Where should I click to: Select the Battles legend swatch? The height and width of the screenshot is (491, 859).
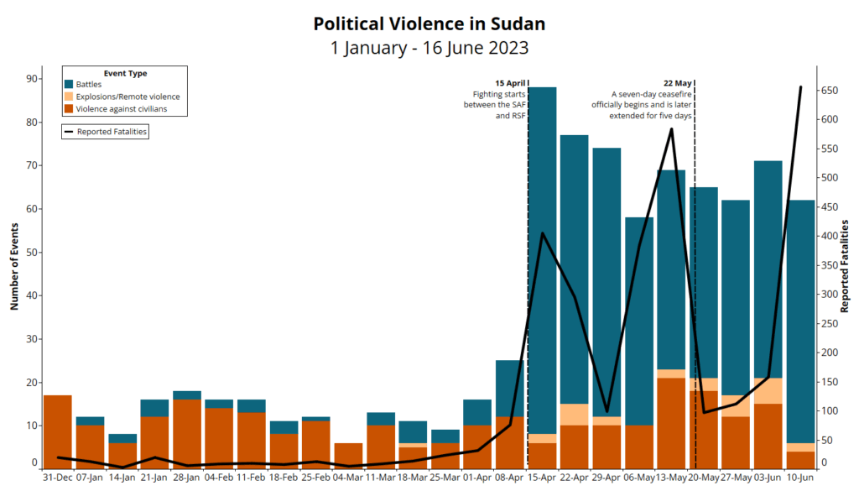pyautogui.click(x=70, y=85)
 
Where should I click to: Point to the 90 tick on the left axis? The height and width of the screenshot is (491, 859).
pyautogui.click(x=31, y=79)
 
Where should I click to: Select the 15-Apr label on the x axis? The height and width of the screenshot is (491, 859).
pyautogui.click(x=542, y=478)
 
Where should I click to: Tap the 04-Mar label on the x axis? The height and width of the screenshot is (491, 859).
pyautogui.click(x=348, y=478)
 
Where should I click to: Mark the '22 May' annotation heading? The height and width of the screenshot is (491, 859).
pyautogui.click(x=677, y=83)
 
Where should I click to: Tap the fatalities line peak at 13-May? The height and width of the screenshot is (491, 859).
pyautogui.click(x=671, y=129)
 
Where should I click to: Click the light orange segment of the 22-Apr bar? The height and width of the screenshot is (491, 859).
pyautogui.click(x=575, y=415)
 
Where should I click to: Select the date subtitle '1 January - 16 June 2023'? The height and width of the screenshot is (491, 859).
pyautogui.click(x=429, y=48)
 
